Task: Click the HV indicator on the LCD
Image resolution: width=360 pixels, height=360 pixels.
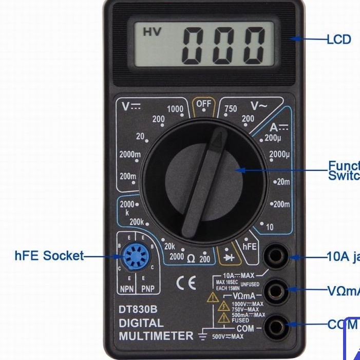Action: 152,32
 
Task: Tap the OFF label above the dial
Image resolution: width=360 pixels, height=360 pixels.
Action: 204,103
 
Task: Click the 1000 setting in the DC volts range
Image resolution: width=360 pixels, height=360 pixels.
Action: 175,109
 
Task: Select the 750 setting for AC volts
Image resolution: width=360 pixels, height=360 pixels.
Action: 231,108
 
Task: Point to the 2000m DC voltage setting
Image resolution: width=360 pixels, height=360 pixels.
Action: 130,154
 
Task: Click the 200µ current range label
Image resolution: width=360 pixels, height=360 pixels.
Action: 273,138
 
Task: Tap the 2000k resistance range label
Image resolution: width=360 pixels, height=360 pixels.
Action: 127,207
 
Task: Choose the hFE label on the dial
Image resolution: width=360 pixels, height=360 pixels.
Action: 250,247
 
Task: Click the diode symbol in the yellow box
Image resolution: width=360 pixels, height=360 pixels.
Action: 226,255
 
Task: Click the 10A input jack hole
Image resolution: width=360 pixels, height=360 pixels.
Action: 275,257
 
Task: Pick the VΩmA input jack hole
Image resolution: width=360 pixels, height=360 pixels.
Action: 275,292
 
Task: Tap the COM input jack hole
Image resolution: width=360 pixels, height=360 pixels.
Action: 275,325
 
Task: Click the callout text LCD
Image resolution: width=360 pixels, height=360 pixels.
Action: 339,39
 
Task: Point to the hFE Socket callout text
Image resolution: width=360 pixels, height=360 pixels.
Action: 49,256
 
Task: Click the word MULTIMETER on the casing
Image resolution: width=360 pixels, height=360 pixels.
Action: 156,336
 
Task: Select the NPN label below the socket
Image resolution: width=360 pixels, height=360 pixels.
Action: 127,289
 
